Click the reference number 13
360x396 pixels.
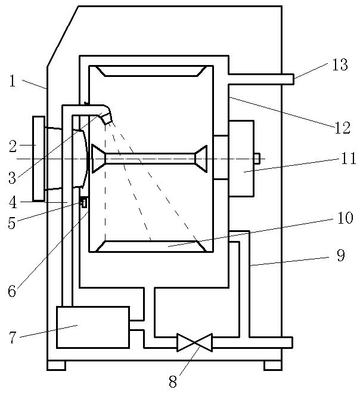point(340,64)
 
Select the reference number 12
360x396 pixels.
point(342,128)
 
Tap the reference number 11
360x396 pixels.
point(349,159)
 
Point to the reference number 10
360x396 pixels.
point(345,218)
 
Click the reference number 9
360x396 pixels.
point(341,255)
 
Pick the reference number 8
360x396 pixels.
point(173,382)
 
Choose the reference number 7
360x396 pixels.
point(13,337)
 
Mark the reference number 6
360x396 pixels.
point(12,291)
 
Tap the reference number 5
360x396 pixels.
point(11,223)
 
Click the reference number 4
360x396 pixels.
point(13,203)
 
